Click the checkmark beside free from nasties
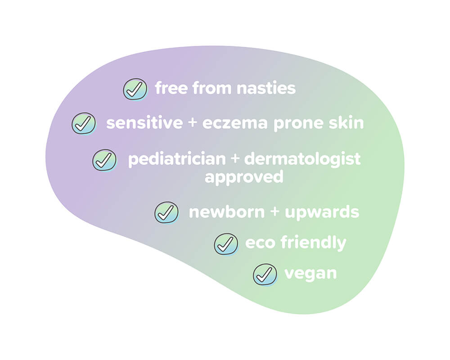coord(135,89)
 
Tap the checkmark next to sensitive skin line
coord(84,123)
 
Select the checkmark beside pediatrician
coord(104,160)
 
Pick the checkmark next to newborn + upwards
coord(166,212)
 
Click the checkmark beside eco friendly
coord(226,244)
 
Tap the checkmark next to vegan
coord(265,275)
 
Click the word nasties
coord(266,88)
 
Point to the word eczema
coord(235,123)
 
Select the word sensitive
coord(144,122)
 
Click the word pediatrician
coord(177,159)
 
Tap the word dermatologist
coord(302,159)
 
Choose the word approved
coord(244,177)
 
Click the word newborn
coord(227,212)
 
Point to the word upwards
coord(322,213)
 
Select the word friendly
coord(313,243)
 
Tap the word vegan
coord(310,274)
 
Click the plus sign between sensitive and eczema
coord(193,122)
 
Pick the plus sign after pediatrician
coord(235,159)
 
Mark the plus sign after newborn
coord(274,211)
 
